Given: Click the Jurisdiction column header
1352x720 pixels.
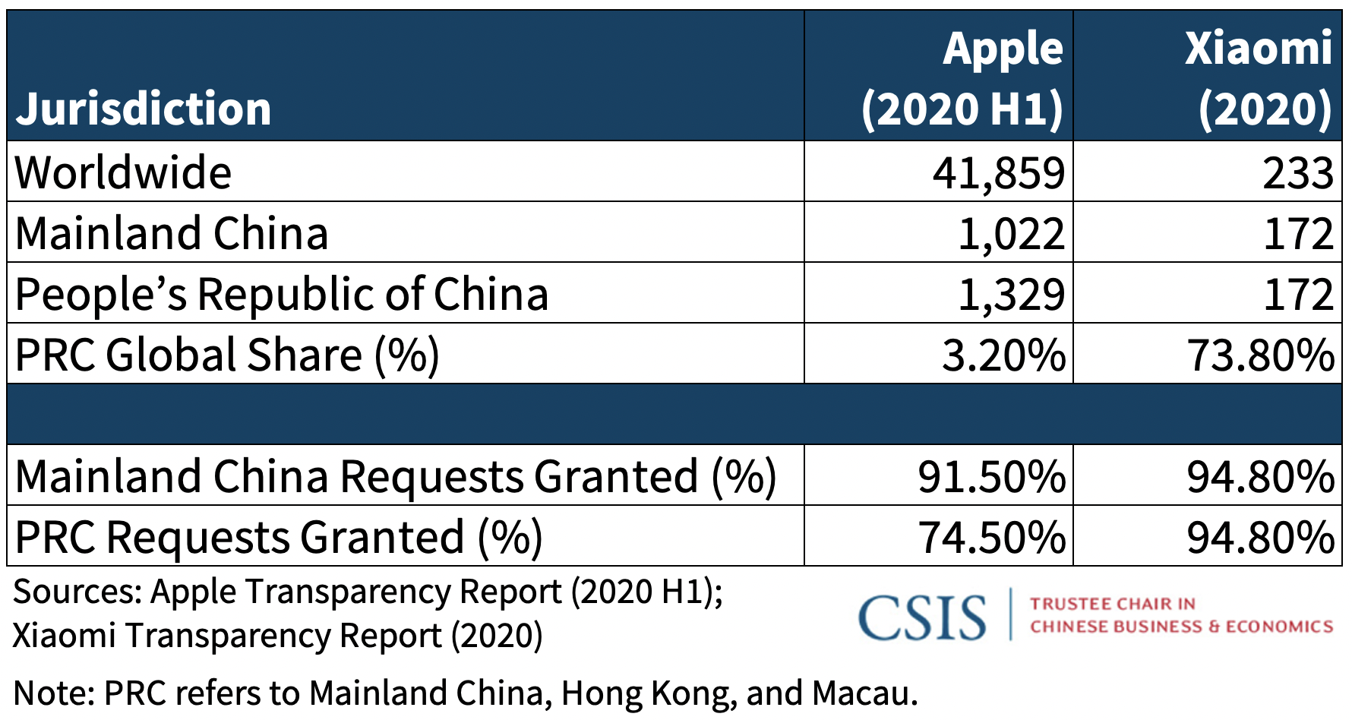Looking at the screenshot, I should tap(143, 108).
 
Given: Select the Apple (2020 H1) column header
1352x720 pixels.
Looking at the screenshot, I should tap(962, 78).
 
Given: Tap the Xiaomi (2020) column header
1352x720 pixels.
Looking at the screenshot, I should tap(1259, 78).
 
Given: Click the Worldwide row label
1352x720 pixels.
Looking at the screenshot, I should tap(123, 172).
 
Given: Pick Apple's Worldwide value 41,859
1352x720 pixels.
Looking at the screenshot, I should tap(998, 172).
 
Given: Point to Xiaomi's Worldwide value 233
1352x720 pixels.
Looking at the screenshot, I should tap(1297, 172).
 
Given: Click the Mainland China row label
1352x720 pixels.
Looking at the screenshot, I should tap(172, 233).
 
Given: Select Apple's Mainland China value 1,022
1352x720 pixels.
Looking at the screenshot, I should tap(1011, 233).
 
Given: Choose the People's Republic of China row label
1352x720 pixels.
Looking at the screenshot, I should tap(281, 294).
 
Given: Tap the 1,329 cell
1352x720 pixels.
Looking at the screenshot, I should tap(1011, 294).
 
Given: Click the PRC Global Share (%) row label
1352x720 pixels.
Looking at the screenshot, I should tap(227, 355).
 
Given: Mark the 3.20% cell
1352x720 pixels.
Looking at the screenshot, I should tap(1003, 355).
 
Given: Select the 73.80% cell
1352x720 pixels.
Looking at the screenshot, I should tap(1261, 355).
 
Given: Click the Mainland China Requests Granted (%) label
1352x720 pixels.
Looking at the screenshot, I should tap(395, 476).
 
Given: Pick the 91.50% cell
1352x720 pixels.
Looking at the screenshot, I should tap(991, 476).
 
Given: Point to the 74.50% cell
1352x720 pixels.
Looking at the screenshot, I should tap(991, 537).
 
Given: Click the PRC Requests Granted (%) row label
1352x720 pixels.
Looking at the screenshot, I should tap(279, 537).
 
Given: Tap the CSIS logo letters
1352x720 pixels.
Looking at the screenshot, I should tap(922, 617).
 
